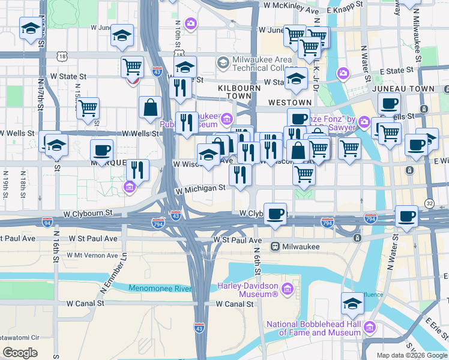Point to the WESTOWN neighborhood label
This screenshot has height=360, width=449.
click(x=290, y=103)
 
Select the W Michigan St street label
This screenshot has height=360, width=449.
click(x=200, y=188)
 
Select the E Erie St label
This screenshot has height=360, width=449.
click(x=436, y=327)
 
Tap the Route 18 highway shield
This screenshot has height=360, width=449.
click(x=62, y=56)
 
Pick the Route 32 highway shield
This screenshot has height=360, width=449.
click(x=430, y=203)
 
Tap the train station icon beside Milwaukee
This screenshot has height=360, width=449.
click(x=275, y=246)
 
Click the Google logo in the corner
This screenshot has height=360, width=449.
click(x=20, y=353)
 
